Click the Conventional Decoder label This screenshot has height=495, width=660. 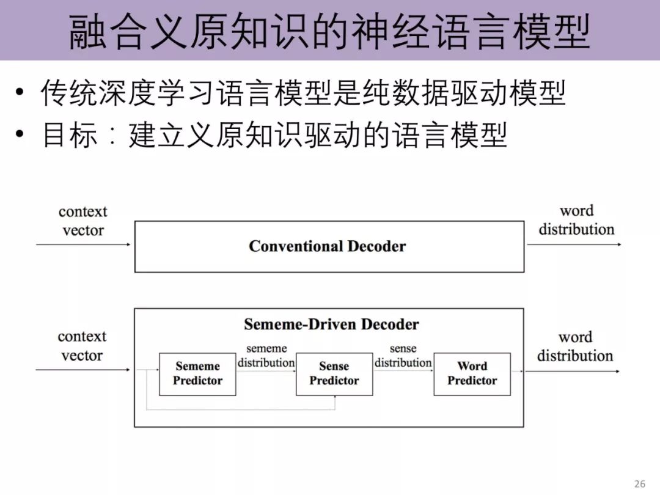pyautogui.click(x=327, y=246)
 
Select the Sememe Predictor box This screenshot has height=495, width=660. pyautogui.click(x=197, y=373)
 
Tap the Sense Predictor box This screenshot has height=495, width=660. pyautogui.click(x=334, y=373)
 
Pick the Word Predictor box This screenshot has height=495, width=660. pyautogui.click(x=472, y=373)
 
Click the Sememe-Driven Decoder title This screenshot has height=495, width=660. pyautogui.click(x=331, y=324)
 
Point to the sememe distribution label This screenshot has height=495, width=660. pyautogui.click(x=266, y=356)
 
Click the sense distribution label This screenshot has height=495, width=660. pyautogui.click(x=403, y=356)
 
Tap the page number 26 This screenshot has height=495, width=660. pyautogui.click(x=640, y=484)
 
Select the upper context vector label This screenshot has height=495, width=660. pyautogui.click(x=82, y=221)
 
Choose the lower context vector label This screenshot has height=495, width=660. pyautogui.click(x=82, y=346)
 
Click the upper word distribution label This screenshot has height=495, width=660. pyautogui.click(x=576, y=220)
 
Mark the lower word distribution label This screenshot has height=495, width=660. pyautogui.click(x=575, y=346)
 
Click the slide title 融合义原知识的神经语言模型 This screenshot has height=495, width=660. pyautogui.click(x=330, y=31)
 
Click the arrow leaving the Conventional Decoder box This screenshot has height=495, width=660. pyautogui.click(x=574, y=244)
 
